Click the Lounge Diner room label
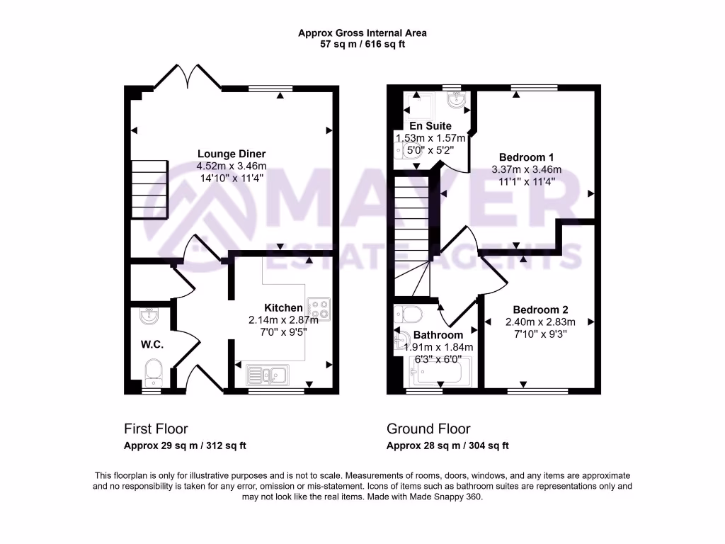(x=232, y=154)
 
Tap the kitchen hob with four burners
(x=318, y=308)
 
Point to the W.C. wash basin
(x=149, y=317)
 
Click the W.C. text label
(x=152, y=345)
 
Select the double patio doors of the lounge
(x=188, y=76)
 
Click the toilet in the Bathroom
(x=408, y=313)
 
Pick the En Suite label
(x=430, y=126)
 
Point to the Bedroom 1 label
(x=526, y=157)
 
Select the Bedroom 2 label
(x=540, y=310)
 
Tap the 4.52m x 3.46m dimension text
(x=232, y=166)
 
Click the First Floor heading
(x=156, y=429)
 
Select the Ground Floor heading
(x=428, y=429)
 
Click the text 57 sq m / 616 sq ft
(x=362, y=44)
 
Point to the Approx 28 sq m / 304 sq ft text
(x=447, y=446)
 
